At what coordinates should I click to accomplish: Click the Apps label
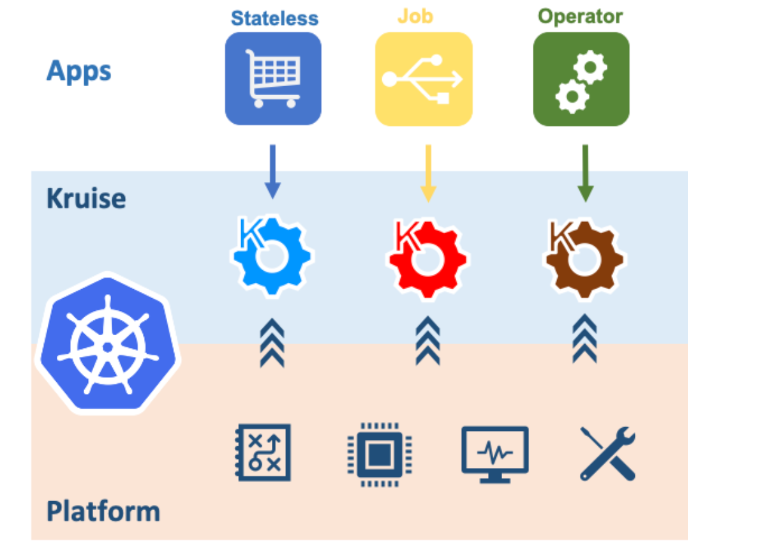coord(78,72)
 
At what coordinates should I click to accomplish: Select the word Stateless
coord(274,19)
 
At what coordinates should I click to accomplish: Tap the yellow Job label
coord(415,17)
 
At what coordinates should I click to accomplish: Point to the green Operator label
coord(580,17)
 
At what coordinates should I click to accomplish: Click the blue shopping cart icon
coord(273,79)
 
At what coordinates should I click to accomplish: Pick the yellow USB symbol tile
coord(424,79)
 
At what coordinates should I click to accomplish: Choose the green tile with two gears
coord(581,79)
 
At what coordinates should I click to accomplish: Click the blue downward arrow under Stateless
coord(272,172)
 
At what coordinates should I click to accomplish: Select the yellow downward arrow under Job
coord(428,173)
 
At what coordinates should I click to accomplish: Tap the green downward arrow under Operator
coord(586,173)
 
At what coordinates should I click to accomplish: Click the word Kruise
coord(86,199)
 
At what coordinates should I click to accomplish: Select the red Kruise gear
coord(427,258)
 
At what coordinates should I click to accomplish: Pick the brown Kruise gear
coord(584,258)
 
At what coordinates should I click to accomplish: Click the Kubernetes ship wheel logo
coord(108,344)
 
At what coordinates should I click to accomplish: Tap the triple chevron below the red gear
coord(428,340)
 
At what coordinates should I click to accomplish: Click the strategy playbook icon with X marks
coord(263,453)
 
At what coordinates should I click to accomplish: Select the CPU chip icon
coord(380,455)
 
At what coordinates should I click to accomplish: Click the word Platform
coord(103,511)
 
